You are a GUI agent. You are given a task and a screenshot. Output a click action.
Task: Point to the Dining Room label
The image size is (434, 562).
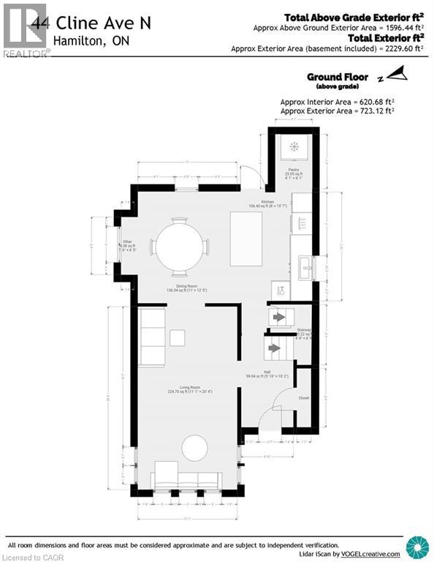pyautogui.click(x=182, y=286)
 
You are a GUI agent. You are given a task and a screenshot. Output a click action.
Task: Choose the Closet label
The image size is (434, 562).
pyautogui.click(x=304, y=398)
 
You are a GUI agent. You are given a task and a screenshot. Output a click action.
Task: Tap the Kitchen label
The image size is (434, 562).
pyautogui.click(x=268, y=202)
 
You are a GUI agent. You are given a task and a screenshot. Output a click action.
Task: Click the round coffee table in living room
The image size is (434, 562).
pyautogui.click(x=194, y=447)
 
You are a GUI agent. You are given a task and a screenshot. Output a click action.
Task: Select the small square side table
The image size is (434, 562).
pyautogui.click(x=178, y=337)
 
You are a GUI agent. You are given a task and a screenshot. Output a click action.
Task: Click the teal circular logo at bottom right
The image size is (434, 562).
pyautogui.click(x=418, y=547)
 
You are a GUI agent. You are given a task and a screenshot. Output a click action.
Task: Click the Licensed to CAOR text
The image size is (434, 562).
pyautogui.click(x=30, y=556)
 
